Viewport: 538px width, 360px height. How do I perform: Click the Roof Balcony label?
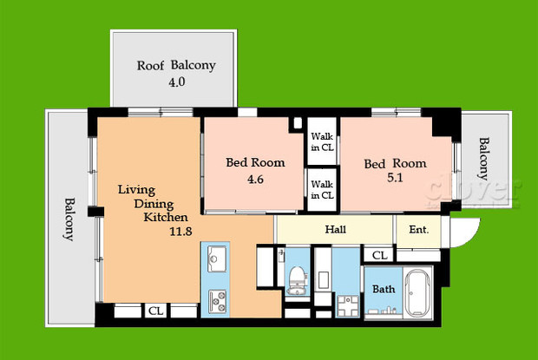point(176,66)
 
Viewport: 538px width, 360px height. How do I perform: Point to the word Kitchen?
point(165,218)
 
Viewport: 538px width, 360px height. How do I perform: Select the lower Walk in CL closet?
point(322,189)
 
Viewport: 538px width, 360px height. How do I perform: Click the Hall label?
point(337,230)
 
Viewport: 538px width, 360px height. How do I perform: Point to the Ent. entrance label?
point(418,230)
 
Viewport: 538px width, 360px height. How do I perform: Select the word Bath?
point(383,289)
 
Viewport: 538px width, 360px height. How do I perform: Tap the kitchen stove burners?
point(215,301)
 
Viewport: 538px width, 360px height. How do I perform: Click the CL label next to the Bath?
point(379,255)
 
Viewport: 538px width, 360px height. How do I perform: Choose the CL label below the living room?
point(155,311)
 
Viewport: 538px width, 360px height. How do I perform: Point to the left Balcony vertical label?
point(69,220)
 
